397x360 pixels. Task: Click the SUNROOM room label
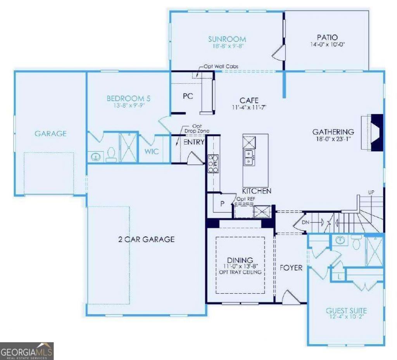(x=227, y=39)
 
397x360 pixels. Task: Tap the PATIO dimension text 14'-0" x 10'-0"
(x=328, y=44)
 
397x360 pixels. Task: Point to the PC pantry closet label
(x=188, y=96)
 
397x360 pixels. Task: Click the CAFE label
(x=249, y=100)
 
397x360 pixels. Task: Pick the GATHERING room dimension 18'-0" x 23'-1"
(x=333, y=139)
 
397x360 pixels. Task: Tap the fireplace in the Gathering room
(x=372, y=133)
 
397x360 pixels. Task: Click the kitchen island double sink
(x=249, y=158)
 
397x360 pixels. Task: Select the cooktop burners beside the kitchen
(x=213, y=164)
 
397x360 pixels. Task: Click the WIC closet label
(x=152, y=152)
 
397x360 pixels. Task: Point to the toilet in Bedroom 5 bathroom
(x=111, y=155)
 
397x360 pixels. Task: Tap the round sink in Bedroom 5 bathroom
(x=95, y=157)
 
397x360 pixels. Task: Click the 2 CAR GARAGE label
(x=146, y=239)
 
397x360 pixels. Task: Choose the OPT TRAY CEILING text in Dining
(x=240, y=272)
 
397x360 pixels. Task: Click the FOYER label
(x=291, y=268)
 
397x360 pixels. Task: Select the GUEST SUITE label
(x=346, y=310)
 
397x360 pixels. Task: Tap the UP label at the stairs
(x=371, y=192)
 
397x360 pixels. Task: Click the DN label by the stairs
(x=306, y=222)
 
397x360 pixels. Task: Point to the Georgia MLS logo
(x=27, y=351)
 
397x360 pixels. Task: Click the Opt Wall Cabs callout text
(x=221, y=67)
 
